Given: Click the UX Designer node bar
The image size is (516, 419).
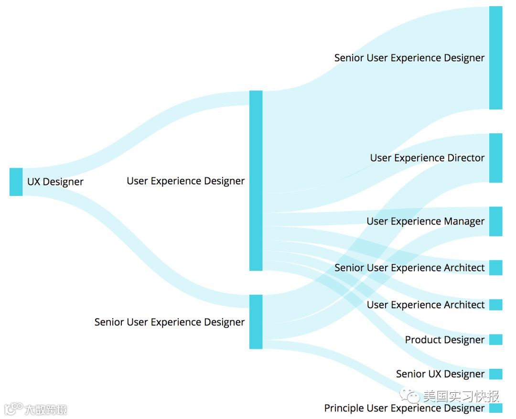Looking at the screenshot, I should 16,182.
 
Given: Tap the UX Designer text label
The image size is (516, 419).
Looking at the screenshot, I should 55,182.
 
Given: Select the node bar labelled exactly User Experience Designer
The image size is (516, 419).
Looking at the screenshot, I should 256,181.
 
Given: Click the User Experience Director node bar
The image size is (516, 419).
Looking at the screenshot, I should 495,158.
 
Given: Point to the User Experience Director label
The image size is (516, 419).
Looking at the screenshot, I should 427,158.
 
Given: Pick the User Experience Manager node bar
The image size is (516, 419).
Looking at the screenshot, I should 495,221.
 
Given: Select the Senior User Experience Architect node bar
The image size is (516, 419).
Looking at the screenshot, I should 495,268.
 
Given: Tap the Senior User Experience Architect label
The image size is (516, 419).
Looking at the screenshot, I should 409,268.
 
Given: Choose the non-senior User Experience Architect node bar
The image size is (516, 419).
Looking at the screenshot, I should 495,305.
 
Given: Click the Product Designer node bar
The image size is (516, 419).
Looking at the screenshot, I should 495,340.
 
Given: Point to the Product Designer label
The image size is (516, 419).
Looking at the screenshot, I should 444,340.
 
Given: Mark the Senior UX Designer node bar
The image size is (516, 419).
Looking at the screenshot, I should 495,374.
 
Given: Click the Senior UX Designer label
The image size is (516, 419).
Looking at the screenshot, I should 440,374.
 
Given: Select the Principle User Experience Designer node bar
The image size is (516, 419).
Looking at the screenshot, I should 495,408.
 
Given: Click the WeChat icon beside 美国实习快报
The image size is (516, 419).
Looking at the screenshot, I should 410,396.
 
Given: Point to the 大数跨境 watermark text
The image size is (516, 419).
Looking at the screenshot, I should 45,409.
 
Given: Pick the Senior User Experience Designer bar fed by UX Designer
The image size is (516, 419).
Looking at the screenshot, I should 256,322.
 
